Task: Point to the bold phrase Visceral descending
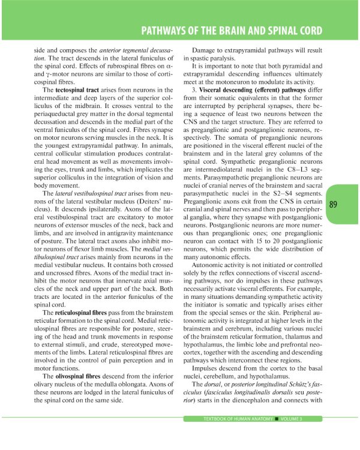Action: [231, 89]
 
